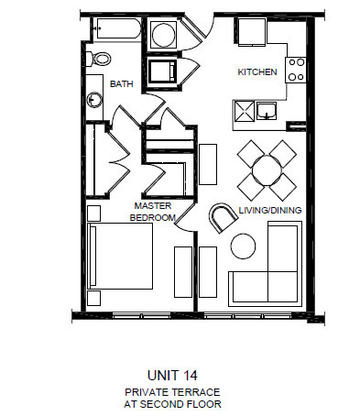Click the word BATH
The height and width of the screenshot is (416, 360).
coord(122,83)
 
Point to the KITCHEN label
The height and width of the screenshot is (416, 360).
coord(256,71)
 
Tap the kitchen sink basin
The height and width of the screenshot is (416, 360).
coord(266,111)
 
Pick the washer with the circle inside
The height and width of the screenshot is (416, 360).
coord(164,37)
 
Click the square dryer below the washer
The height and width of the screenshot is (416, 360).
coord(164,71)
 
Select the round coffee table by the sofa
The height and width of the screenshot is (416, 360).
coord(244,245)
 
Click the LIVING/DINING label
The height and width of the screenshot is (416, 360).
coord(270,210)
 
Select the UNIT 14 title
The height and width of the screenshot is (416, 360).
coord(173,374)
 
